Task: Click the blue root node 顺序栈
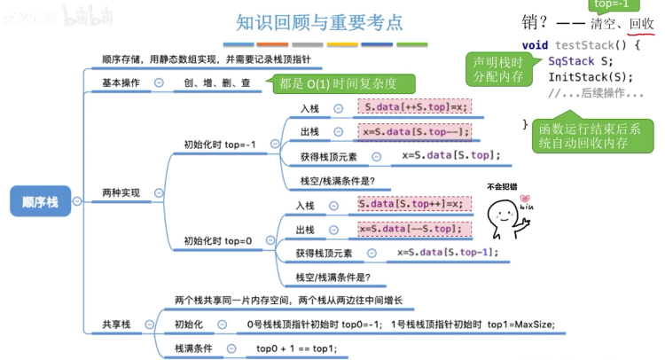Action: [41, 201]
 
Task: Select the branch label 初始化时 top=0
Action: [217, 240]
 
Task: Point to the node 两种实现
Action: [121, 192]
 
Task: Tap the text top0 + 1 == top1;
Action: [296, 348]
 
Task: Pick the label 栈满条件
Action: [192, 348]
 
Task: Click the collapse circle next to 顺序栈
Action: [77, 201]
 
